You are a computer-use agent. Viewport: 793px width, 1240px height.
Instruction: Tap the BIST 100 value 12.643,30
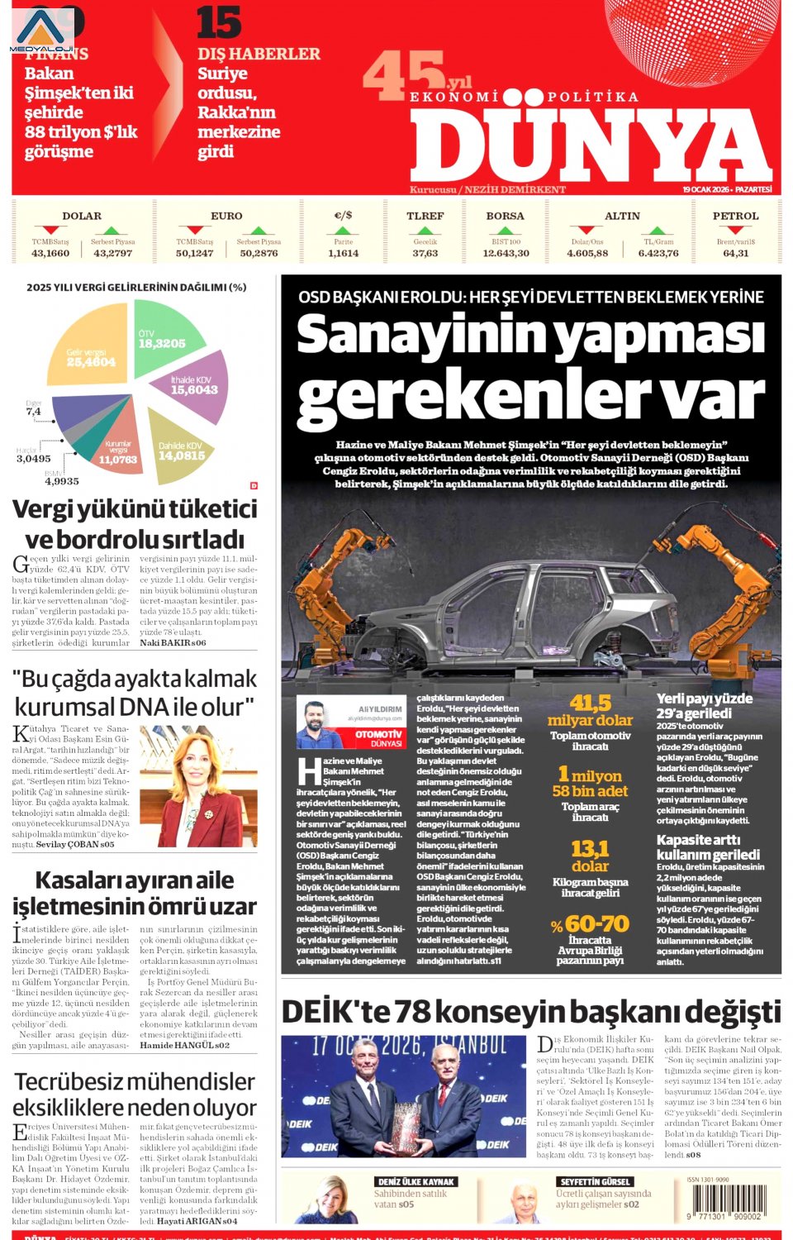point(506,253)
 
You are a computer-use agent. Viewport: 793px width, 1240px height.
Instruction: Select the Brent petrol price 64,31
point(735,253)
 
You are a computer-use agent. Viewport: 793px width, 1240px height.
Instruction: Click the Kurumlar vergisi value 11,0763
point(118,459)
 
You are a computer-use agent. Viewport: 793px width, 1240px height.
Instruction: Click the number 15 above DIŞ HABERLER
point(218,22)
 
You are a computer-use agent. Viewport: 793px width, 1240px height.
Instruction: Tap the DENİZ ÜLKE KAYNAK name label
point(415,1182)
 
